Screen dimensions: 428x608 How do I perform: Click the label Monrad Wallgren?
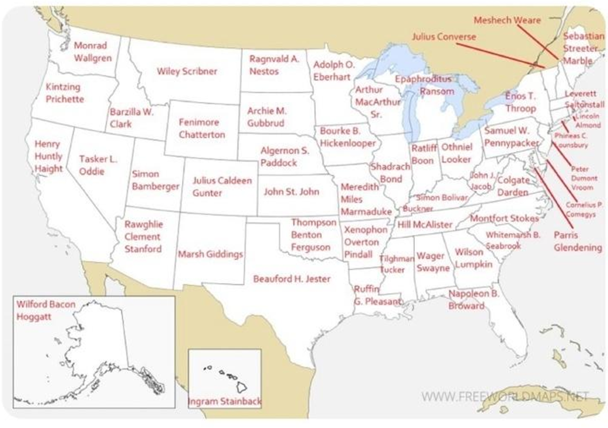point(93,52)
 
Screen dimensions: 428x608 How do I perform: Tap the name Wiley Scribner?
point(186,71)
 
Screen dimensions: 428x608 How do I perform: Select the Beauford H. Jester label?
point(291,279)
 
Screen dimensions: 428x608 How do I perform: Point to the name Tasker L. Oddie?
point(98,165)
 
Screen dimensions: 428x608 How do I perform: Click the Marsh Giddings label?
point(210,254)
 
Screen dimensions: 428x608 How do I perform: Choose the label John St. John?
point(291,192)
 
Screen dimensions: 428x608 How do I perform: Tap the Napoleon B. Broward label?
point(474,299)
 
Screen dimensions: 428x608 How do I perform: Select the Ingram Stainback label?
point(225,402)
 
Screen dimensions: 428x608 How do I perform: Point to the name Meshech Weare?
point(507,20)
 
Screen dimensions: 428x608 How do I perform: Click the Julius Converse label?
point(443,36)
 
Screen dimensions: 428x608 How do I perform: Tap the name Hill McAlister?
point(425,225)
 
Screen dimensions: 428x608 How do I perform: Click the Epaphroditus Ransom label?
point(424,85)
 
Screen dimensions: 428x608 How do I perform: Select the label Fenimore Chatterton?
point(202,129)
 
